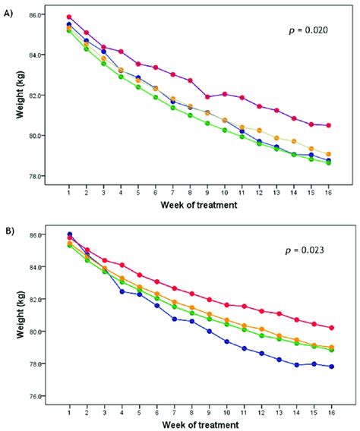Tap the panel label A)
pos(10,10)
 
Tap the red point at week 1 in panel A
pos(69,17)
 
